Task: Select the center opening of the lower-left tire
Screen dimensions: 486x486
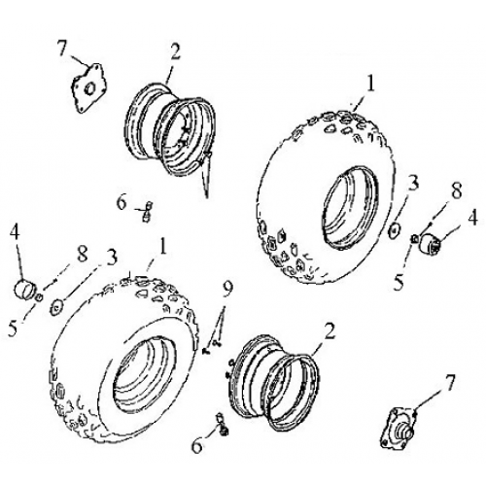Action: (x=139, y=373)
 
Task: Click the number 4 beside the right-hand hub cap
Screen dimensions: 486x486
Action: (x=473, y=218)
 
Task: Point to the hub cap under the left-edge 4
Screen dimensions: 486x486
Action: (x=25, y=289)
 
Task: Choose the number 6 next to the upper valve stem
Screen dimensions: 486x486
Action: (x=121, y=202)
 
